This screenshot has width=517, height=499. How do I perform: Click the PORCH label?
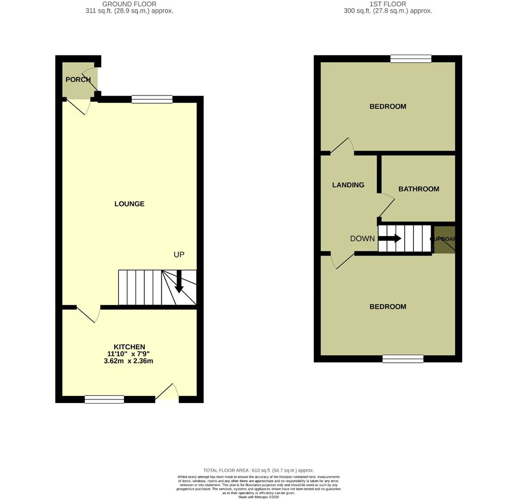coord(78,79)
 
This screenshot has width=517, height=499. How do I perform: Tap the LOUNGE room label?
coord(129,204)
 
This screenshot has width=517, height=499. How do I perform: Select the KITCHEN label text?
coord(129,347)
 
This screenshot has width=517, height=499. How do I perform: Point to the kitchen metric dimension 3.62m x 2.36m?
coord(129,361)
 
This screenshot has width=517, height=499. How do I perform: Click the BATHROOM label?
coord(419,189)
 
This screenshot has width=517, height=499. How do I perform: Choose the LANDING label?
coord(348,185)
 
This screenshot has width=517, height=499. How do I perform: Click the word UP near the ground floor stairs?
coord(179,255)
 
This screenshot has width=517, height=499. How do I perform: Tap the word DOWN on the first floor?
coord(362,239)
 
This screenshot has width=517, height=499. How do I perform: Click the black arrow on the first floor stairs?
coord(389,239)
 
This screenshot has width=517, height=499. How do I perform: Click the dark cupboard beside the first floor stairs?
coord(444,239)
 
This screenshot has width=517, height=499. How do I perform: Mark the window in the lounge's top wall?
coord(152,99)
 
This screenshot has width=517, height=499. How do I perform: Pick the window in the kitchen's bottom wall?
coord(105,399)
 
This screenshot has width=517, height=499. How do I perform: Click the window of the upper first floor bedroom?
coord(411,59)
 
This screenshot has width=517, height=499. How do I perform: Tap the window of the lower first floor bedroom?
coord(403,359)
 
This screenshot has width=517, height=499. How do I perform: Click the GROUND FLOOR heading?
coord(129,4)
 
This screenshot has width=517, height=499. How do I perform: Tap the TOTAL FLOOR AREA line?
coord(258,470)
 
